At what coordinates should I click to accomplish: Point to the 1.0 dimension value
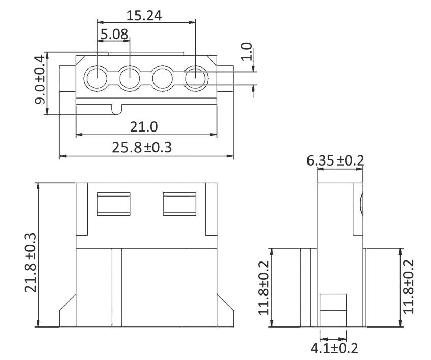point(247,52)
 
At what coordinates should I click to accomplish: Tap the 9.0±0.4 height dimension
point(40,83)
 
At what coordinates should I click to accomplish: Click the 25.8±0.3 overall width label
point(144,147)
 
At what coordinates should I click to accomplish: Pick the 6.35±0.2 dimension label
point(335,160)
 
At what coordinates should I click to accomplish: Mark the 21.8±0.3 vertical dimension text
point(31,255)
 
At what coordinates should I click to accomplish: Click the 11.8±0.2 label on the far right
point(409,287)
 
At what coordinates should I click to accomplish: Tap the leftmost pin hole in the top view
point(97,79)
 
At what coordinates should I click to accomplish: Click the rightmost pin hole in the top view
point(196,79)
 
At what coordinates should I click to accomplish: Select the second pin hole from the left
point(130,79)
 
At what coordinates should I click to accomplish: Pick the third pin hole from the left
point(163,79)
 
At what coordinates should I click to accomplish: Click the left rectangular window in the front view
point(114,204)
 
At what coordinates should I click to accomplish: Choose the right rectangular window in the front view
point(179,204)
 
